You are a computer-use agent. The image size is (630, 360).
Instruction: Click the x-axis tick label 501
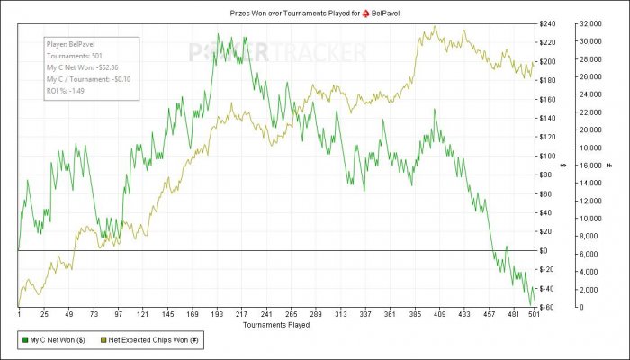pyautogui.click(x=535, y=315)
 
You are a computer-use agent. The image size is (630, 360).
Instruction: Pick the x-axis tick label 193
pyautogui.click(x=217, y=315)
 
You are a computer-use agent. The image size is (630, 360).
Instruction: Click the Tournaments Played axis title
pyautogui.click(x=276, y=324)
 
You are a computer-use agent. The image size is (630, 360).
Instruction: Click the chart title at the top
pyautogui.click(x=315, y=11)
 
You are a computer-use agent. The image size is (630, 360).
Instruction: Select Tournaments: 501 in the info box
pyautogui.click(x=72, y=56)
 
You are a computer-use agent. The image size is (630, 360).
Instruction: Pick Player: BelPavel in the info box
pyautogui.click(x=73, y=44)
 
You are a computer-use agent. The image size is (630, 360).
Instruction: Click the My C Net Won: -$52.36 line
pyautogui.click(x=82, y=67)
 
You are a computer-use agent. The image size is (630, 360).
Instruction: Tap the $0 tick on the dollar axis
pyautogui.click(x=545, y=250)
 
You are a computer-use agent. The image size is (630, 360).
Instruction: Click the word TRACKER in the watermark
pyautogui.click(x=314, y=52)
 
